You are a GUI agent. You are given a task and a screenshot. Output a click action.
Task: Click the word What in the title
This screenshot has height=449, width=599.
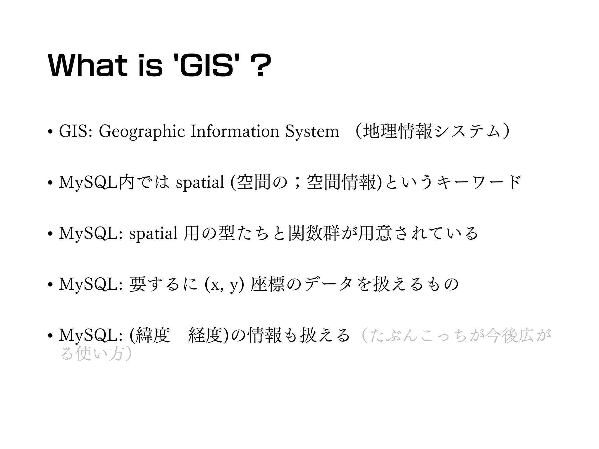(87, 67)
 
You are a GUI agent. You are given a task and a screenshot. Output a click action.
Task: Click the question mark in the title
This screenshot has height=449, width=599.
(260, 67)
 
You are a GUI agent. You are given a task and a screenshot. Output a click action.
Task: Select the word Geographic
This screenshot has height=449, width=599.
(142, 132)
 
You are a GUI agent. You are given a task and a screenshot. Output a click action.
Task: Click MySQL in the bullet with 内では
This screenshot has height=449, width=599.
(87, 182)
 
